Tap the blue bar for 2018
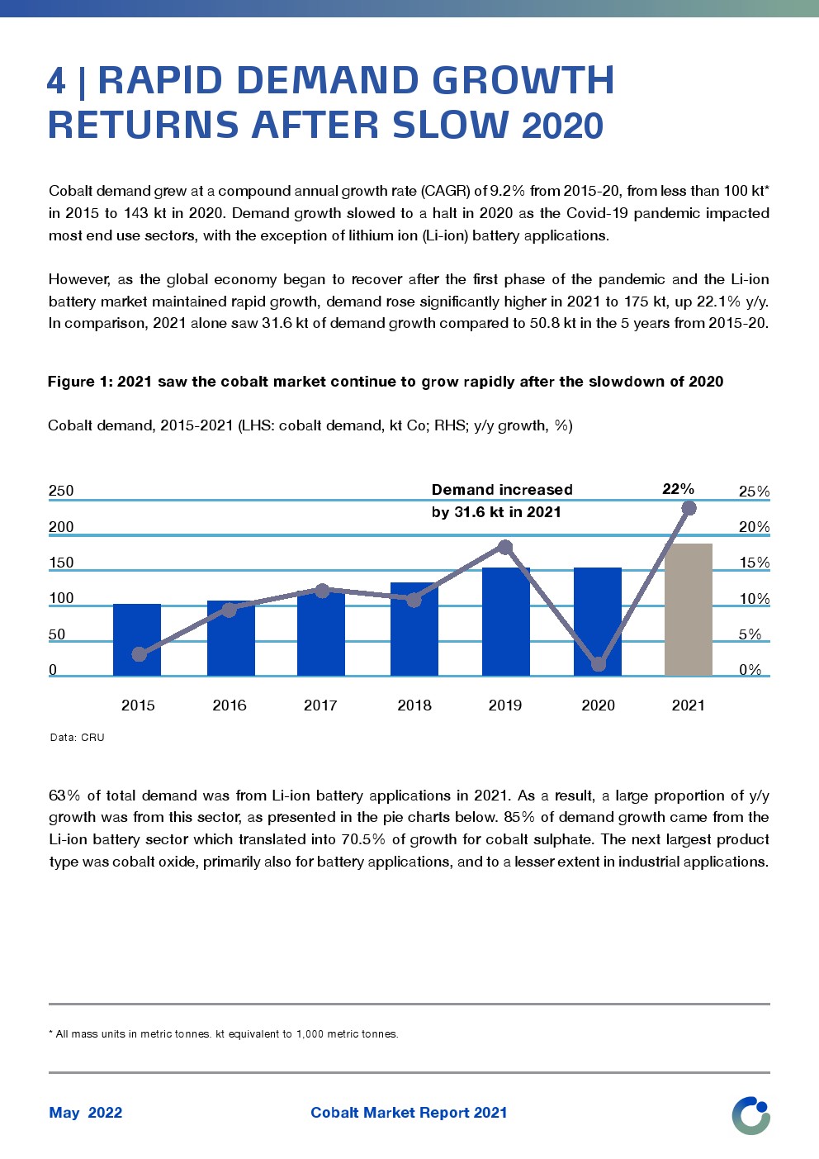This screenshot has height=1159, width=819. pos(414,629)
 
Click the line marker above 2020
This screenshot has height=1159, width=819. pos(599,663)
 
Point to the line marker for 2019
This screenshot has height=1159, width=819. pos(505,547)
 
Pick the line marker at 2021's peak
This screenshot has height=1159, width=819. pos(689,508)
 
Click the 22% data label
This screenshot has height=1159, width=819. pos(678,489)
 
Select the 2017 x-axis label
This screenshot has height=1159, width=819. pos(320,705)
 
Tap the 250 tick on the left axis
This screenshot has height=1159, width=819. pos(61,491)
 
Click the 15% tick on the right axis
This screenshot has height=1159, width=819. pos(754,563)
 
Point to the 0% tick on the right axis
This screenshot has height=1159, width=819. pos(750,670)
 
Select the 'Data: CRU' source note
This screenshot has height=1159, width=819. pos(77,738)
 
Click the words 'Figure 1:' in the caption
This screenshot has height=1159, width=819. pos(79,382)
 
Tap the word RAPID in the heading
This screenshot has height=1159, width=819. pos(160,81)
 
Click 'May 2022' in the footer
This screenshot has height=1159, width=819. pos(85,1113)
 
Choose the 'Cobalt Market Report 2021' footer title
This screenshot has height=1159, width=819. pos(409,1113)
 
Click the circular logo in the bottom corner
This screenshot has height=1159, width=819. pos(750,1115)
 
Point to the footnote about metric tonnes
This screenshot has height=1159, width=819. pos(224,1034)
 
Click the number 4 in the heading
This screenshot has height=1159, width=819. pos(56,81)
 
